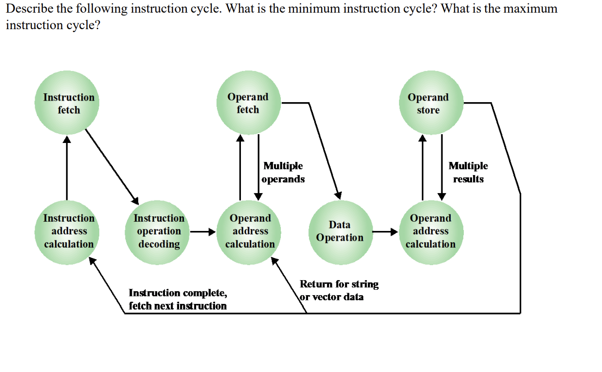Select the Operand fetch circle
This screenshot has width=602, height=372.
click(248, 103)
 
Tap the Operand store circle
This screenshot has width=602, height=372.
click(430, 103)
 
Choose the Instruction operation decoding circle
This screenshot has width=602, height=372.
click(159, 231)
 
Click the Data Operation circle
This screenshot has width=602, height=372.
click(339, 231)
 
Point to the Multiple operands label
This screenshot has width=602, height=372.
click(283, 173)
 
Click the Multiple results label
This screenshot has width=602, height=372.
click(468, 173)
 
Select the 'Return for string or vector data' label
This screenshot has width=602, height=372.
click(339, 290)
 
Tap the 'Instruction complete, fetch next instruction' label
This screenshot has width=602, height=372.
click(178, 299)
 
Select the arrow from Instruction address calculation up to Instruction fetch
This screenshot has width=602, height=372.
click(67, 168)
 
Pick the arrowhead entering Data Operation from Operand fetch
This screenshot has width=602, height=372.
click(337, 195)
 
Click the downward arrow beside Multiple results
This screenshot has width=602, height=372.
click(441, 168)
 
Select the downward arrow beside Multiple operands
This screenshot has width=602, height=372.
click(258, 168)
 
